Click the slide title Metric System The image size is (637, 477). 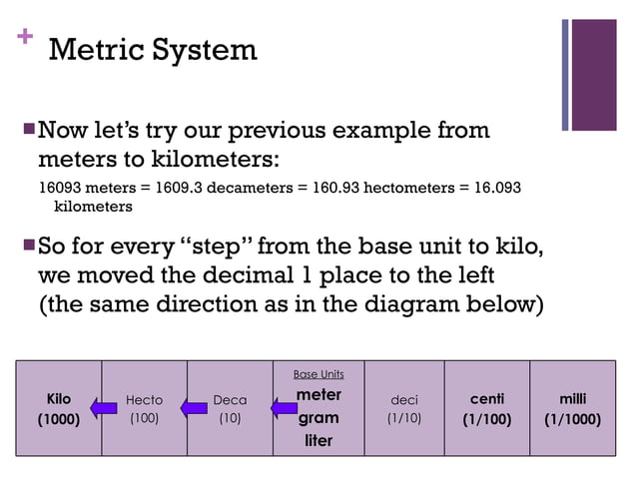point(153,49)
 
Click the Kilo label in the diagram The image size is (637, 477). point(58,400)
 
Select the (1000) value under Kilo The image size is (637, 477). point(58,419)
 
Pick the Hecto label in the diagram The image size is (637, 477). point(145,400)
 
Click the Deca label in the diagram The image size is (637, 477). point(230,400)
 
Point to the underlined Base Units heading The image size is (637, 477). point(318,374)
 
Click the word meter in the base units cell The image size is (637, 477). point(318,395)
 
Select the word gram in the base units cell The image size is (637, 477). point(318,417)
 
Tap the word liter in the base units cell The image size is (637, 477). point(318,439)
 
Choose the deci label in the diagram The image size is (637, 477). point(404,400)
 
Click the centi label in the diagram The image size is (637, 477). point(487,399)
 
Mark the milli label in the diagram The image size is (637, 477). point(572,399)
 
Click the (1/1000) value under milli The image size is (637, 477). point(572,419)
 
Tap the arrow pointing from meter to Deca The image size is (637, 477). point(281,407)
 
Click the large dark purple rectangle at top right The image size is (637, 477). point(596,74)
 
